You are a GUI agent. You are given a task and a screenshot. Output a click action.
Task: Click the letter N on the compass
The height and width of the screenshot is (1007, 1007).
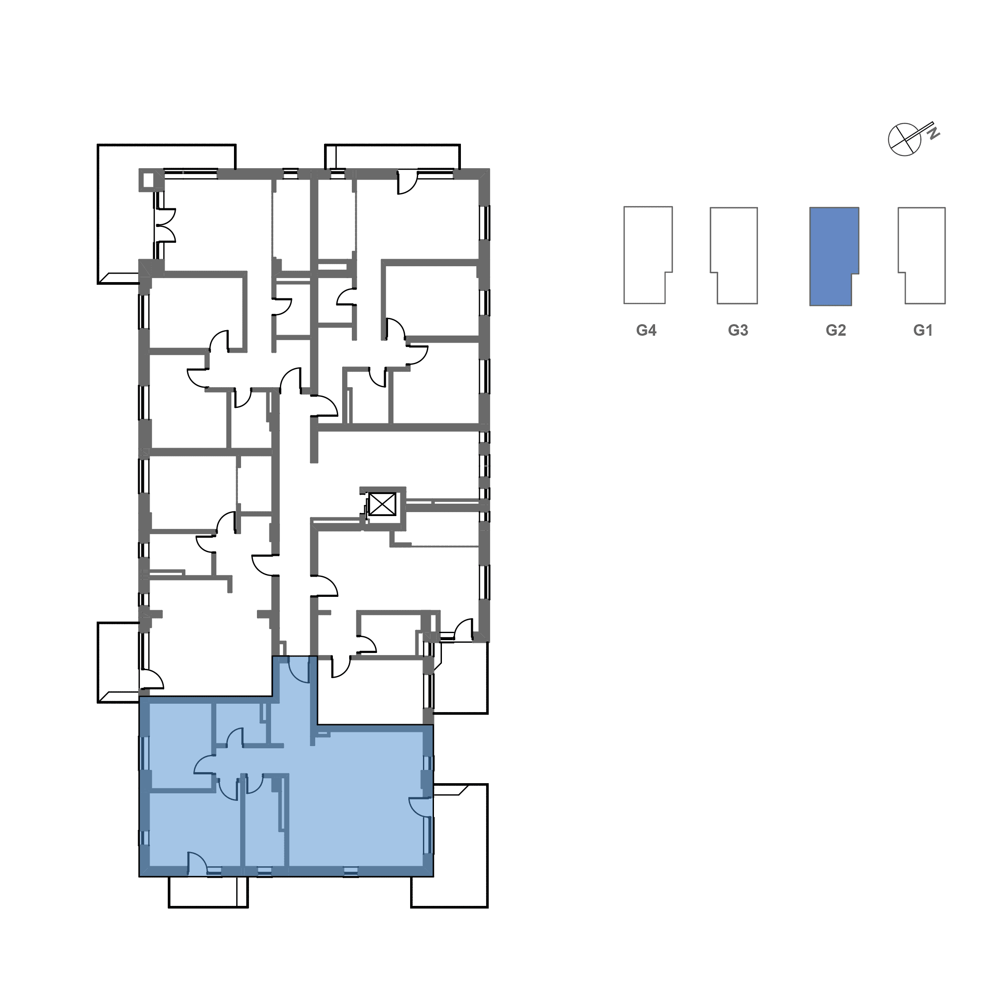(934, 133)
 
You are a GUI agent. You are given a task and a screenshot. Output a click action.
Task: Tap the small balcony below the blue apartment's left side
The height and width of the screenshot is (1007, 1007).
(208, 892)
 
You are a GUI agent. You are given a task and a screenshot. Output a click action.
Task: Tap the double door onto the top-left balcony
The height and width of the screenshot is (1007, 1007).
(166, 226)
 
